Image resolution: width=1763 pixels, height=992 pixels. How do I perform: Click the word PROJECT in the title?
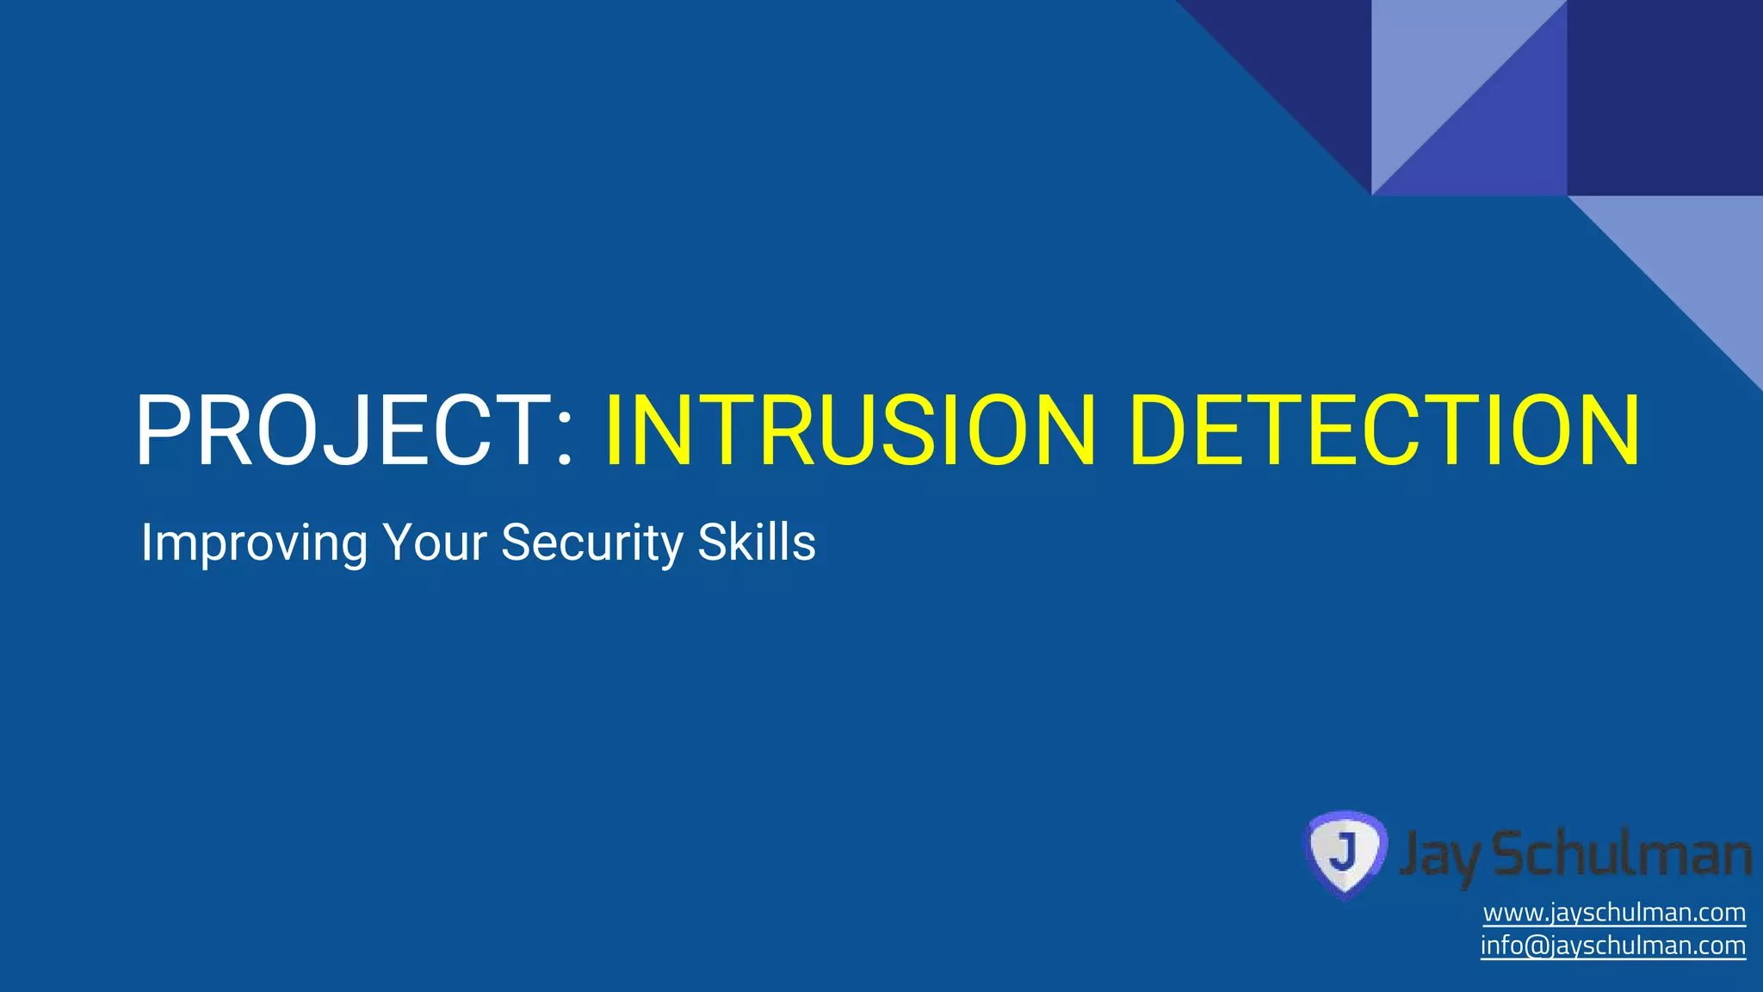tap(340, 431)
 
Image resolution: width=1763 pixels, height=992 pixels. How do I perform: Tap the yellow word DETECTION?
tap(1386, 431)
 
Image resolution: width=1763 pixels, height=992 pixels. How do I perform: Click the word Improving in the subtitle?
tap(254, 543)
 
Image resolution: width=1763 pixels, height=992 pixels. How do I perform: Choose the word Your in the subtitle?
tap(435, 543)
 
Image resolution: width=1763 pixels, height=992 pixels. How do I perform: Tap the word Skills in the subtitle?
tap(757, 543)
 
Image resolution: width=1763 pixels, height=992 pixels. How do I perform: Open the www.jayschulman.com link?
tap(1614, 913)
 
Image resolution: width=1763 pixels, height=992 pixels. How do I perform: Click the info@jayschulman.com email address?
tap(1612, 945)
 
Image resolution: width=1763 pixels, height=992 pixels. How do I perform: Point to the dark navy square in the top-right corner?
tap(1665, 97)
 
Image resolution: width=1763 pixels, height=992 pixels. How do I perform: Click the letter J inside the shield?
tap(1343, 850)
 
